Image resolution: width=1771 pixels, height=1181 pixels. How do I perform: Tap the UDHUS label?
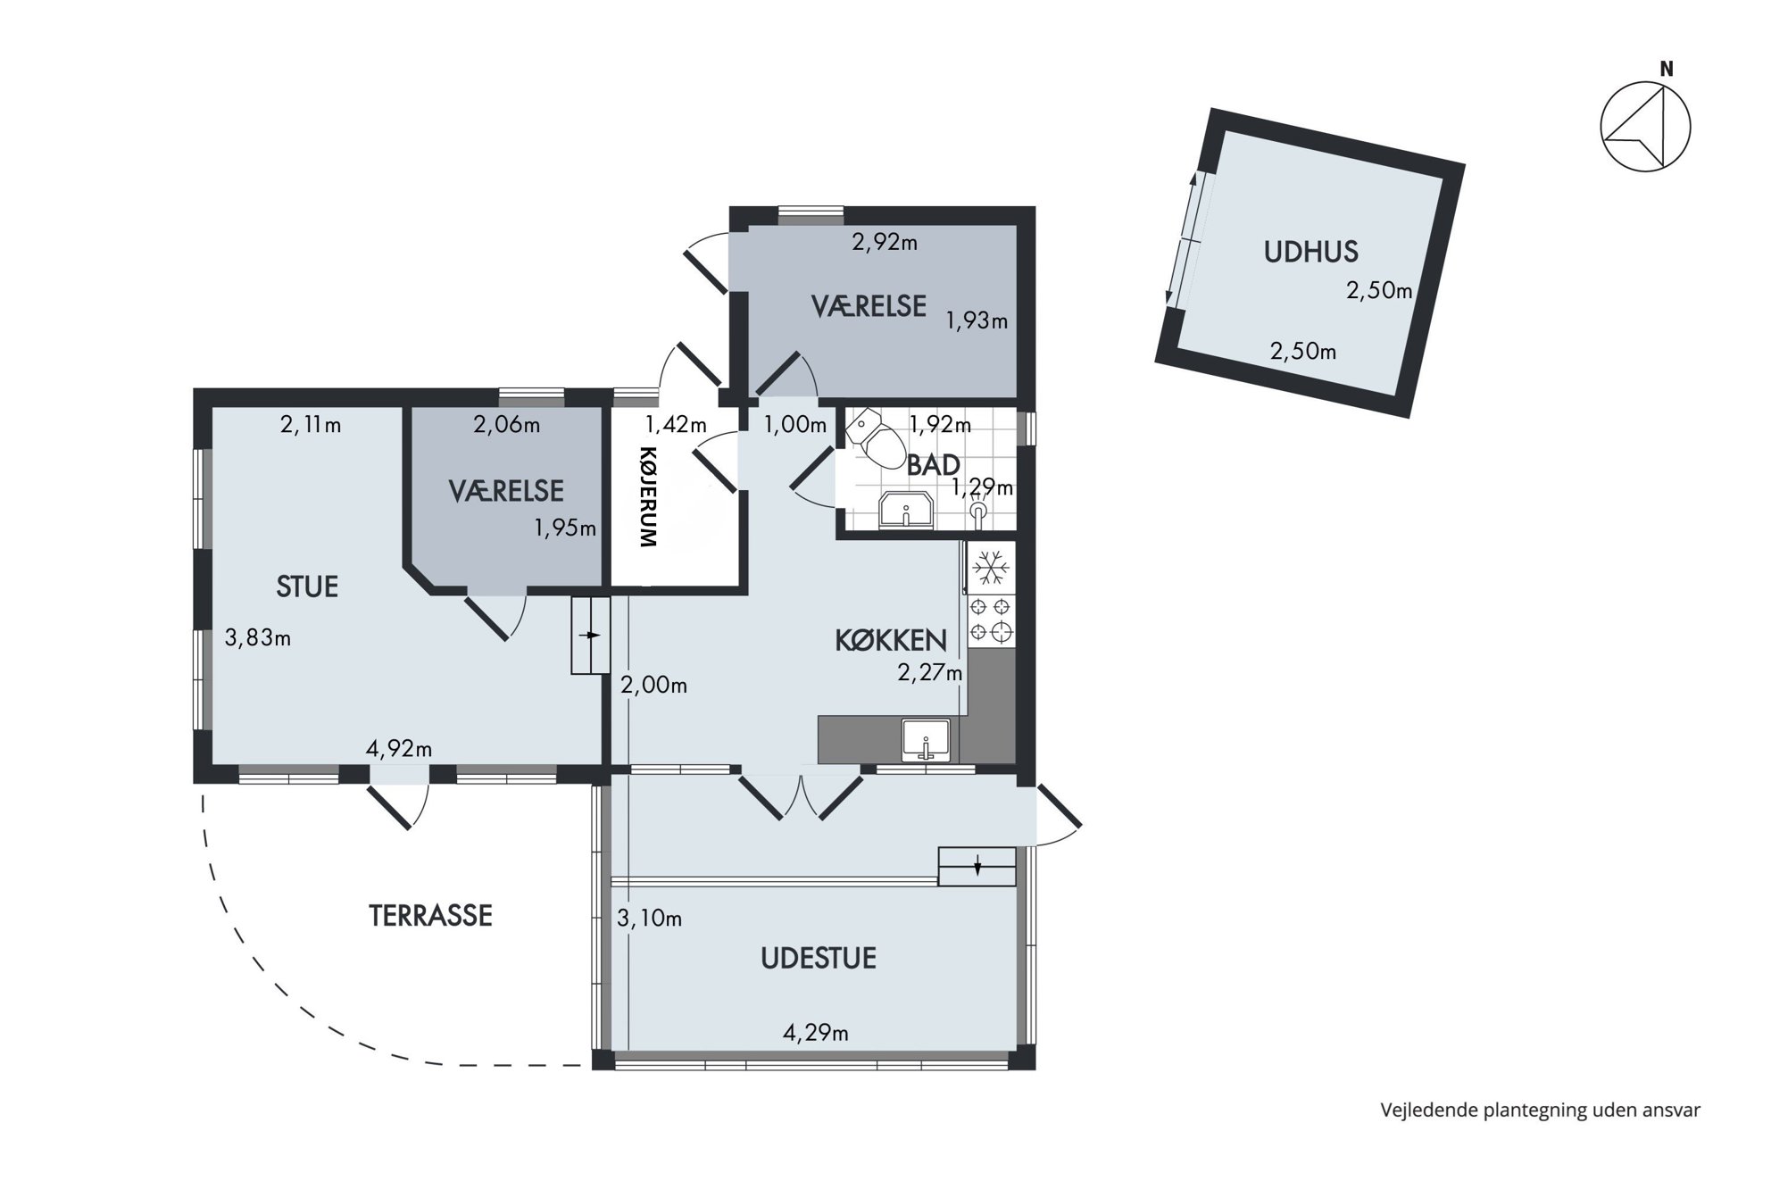click(x=1310, y=252)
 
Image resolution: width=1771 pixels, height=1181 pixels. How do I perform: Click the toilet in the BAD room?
click(x=877, y=438)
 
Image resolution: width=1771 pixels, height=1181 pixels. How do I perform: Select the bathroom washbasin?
click(x=906, y=511)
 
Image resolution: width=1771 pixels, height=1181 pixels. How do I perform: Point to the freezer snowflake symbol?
click(x=990, y=568)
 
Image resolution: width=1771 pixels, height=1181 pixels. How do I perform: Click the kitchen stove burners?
click(x=991, y=620)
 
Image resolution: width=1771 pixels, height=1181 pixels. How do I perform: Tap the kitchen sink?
click(x=926, y=740)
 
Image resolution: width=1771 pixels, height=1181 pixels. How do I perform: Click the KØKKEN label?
click(x=890, y=640)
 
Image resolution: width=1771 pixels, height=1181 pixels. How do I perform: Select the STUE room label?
click(x=307, y=586)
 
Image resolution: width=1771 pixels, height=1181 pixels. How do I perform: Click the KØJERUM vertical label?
click(x=648, y=496)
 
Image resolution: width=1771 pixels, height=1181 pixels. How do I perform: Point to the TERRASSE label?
click(x=430, y=916)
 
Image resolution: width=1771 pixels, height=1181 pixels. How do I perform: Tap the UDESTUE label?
click(x=818, y=959)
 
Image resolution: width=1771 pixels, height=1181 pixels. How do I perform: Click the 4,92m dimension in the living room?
click(x=398, y=748)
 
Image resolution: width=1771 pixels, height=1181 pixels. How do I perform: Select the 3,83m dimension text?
click(x=257, y=638)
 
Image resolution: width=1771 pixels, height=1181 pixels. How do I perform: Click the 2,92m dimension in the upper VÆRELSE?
click(x=885, y=242)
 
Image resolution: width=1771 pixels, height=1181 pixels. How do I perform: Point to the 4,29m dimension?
click(x=815, y=1033)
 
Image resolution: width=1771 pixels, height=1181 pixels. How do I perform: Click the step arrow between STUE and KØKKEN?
click(x=590, y=635)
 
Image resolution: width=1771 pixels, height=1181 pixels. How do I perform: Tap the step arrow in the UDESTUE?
click(x=977, y=865)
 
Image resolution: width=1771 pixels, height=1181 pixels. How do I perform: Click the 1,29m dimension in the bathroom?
click(x=982, y=487)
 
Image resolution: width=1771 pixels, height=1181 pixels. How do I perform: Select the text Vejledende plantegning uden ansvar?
click(x=1540, y=1110)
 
